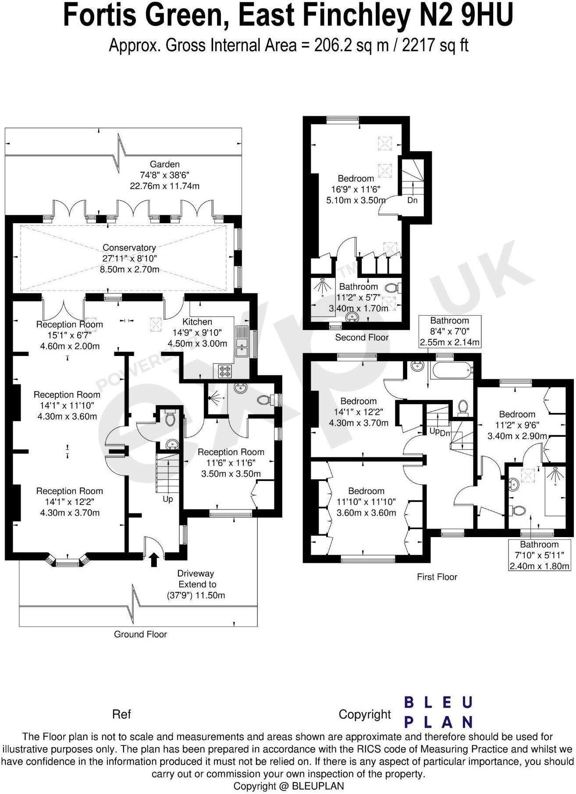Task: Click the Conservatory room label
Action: pyautogui.click(x=129, y=248)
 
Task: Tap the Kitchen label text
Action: pyautogui.click(x=197, y=322)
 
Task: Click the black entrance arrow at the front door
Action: pyautogui.click(x=154, y=560)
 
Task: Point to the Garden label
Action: pyautogui.click(x=165, y=164)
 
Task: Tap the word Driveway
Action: pyautogui.click(x=196, y=573)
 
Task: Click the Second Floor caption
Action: pyautogui.click(x=362, y=338)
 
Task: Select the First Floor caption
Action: pyautogui.click(x=437, y=577)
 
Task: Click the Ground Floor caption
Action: pyautogui.click(x=140, y=634)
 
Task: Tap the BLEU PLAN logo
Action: pyautogui.click(x=438, y=712)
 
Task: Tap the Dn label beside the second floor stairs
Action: pyautogui.click(x=412, y=200)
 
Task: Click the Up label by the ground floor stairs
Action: pyautogui.click(x=168, y=499)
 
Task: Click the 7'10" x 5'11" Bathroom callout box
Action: pyautogui.click(x=539, y=555)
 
